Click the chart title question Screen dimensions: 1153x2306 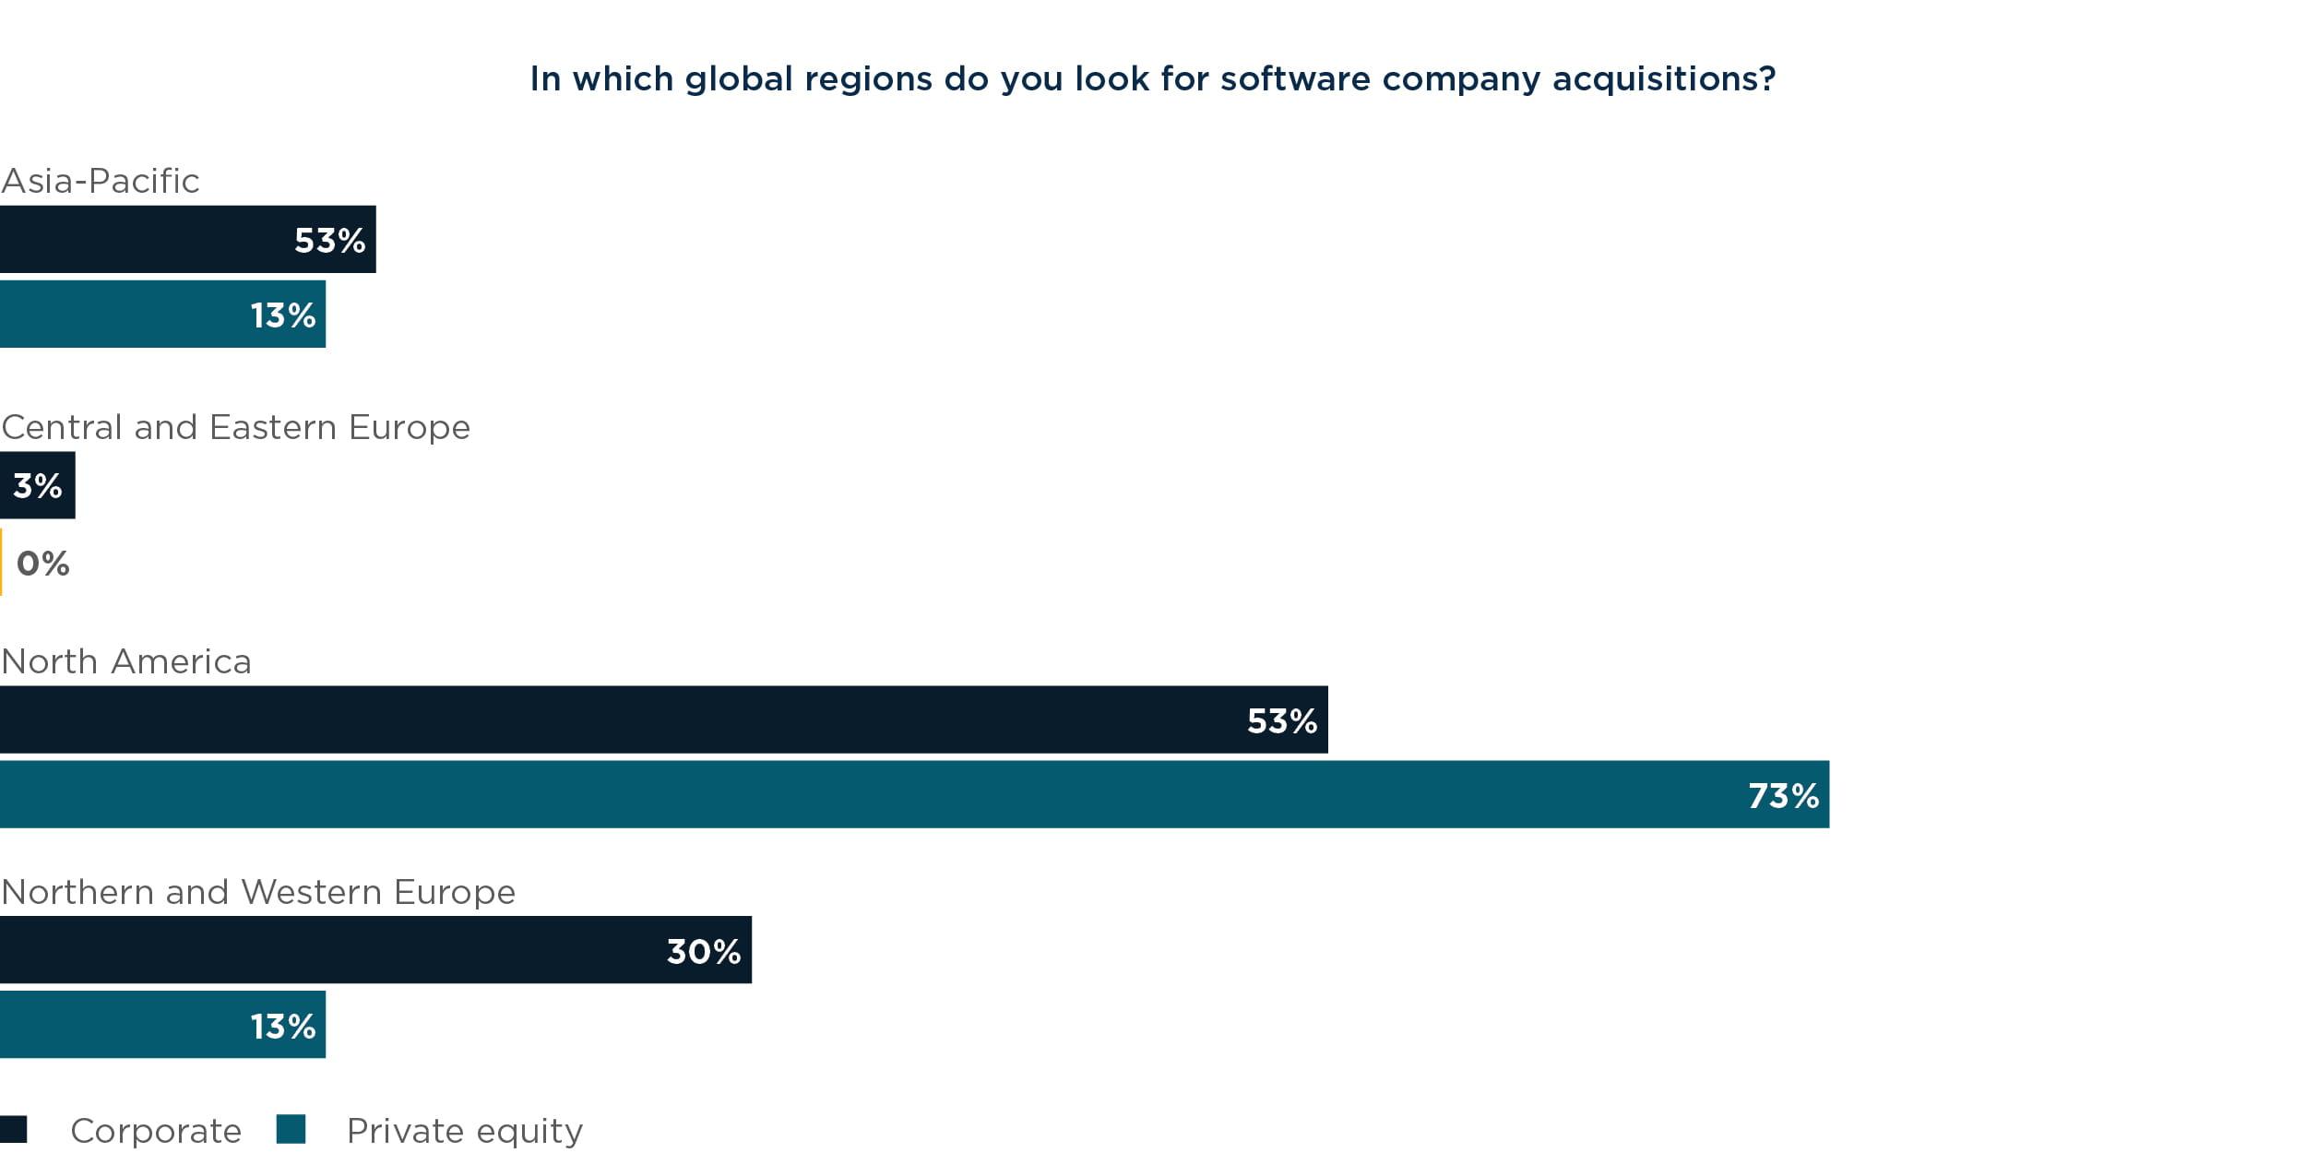pos(1152,79)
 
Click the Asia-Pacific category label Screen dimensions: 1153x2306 pos(101,181)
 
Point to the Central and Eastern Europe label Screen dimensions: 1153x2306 pos(236,427)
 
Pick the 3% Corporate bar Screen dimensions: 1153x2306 pos(37,485)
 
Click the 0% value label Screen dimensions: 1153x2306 pos(42,563)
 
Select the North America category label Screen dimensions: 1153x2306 pos(126,661)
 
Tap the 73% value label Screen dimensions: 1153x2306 pos(1783,795)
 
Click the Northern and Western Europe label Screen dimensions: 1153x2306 pos(258,892)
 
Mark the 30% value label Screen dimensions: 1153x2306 pos(703,951)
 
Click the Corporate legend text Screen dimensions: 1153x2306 pos(156,1130)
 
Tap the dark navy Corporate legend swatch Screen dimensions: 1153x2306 pos(14,1129)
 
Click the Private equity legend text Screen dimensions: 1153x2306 pos(465,1130)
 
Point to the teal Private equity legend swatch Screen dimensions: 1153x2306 pos(291,1129)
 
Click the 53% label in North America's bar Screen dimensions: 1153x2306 pos(1281,720)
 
